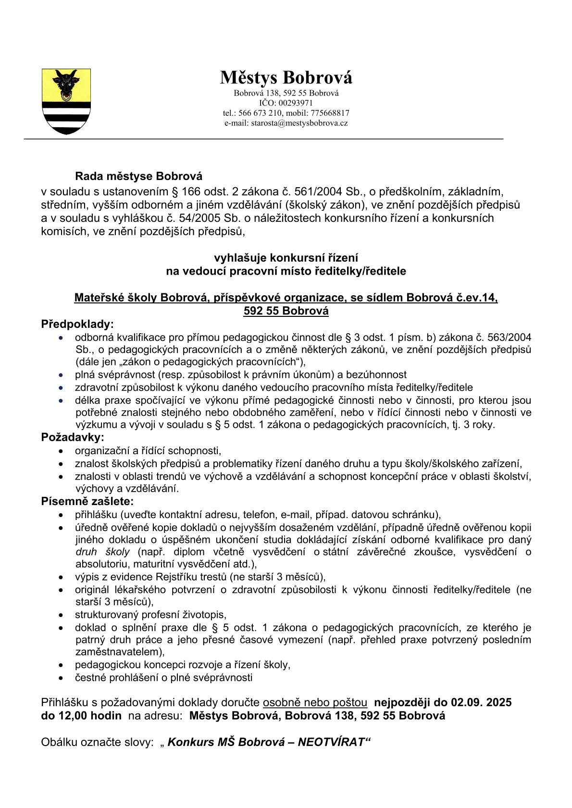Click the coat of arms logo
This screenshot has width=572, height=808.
66,101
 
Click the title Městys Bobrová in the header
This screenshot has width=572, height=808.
286,77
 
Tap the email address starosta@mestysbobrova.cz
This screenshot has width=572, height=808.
299,123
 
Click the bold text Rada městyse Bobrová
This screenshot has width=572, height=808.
138,176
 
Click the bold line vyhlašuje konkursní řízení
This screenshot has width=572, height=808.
286,258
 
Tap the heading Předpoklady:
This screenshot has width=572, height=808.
77,324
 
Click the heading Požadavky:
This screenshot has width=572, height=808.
73,437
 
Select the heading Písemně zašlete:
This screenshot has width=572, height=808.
87,502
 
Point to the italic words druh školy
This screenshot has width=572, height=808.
102,552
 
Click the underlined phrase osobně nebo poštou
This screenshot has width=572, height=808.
315,702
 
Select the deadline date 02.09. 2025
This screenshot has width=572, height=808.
481,702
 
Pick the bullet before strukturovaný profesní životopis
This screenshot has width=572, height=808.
61,615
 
